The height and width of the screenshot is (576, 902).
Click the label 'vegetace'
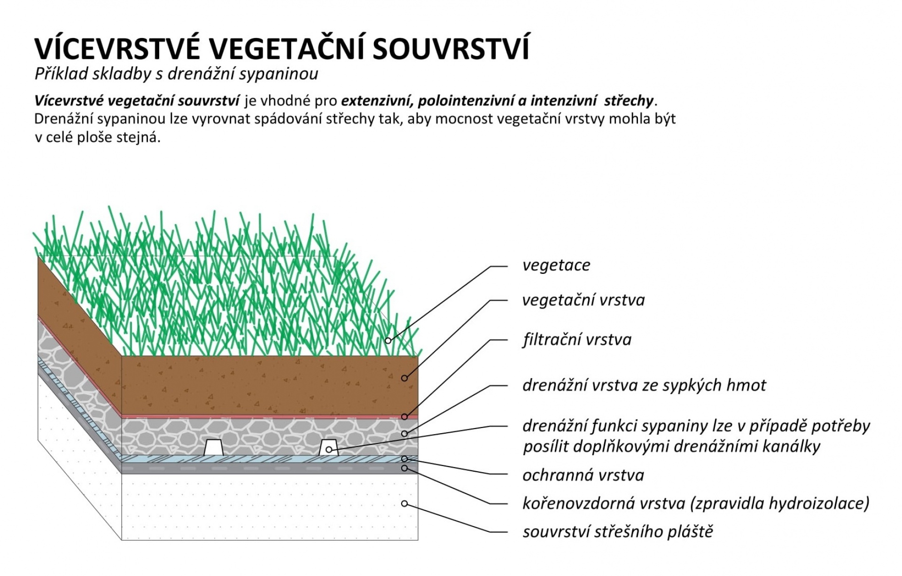556,265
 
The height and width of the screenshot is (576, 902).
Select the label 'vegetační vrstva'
583,300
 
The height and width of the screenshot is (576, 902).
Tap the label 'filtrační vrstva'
577,339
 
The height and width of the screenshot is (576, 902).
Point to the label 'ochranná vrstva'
583,475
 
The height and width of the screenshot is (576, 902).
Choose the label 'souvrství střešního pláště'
618,532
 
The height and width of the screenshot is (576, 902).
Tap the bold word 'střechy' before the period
629,101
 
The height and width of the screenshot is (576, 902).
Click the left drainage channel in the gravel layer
213,447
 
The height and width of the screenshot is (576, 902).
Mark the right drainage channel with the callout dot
329,447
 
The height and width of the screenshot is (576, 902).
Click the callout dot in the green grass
388,340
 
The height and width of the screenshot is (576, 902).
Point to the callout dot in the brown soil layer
404,378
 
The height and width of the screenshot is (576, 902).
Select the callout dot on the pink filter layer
404,417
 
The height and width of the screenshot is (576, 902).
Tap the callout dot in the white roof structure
404,504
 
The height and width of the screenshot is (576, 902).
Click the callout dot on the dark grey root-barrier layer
404,468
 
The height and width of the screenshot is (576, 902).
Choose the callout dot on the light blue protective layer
404,459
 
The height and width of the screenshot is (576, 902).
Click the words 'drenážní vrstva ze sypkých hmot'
644,385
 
